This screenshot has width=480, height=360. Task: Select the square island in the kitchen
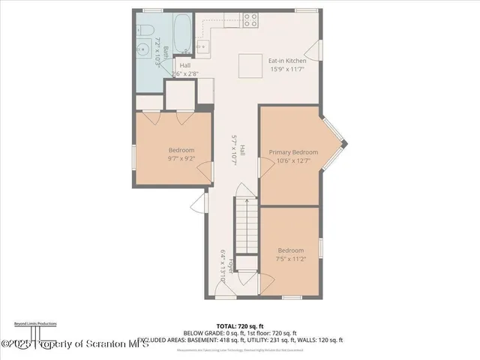(x=250, y=64)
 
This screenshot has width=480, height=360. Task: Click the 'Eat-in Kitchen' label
(x=288, y=59)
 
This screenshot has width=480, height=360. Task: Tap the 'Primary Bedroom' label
(x=293, y=152)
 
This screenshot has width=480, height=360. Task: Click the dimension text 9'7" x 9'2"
(x=181, y=158)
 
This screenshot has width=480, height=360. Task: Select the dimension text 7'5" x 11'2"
(x=290, y=259)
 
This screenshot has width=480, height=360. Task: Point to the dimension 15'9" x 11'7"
(x=288, y=69)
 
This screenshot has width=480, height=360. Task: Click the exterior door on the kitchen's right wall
(x=318, y=52)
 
